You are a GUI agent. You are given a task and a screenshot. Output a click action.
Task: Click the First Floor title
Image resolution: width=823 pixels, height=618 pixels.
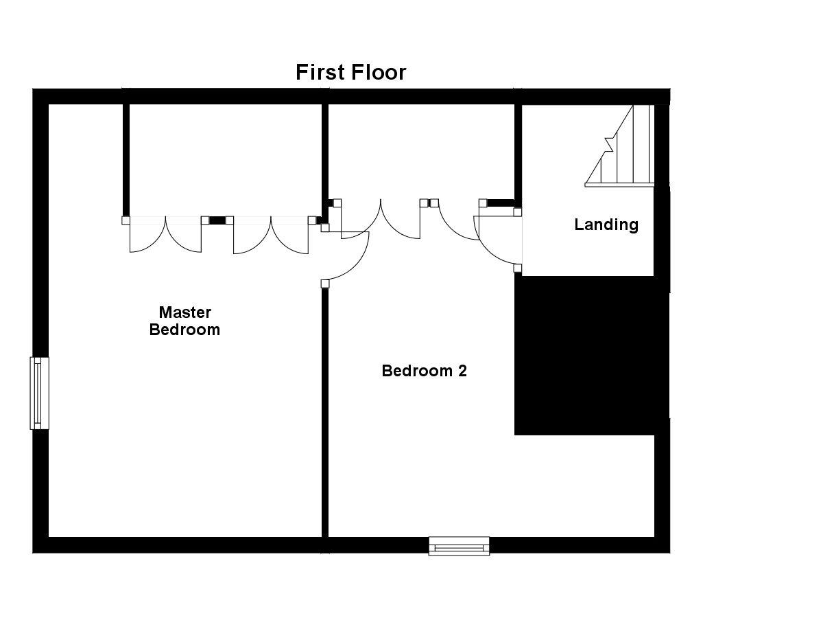coord(350,72)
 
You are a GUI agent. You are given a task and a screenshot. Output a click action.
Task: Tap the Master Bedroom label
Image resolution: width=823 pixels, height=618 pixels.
coord(184,321)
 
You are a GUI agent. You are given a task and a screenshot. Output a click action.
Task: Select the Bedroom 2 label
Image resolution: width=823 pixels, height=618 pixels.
coord(424,371)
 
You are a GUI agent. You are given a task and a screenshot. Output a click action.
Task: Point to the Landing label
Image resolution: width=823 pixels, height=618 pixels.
coord(606,225)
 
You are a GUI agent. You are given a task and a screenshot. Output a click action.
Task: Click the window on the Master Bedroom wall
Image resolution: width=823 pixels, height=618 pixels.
coord(39,393)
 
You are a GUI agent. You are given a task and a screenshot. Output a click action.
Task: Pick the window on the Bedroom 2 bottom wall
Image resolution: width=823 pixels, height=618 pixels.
coord(459,546)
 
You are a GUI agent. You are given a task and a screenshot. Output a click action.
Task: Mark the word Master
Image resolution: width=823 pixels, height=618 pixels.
coord(184,312)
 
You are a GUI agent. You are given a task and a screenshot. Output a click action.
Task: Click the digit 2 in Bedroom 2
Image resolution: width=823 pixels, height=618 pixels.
coord(463,371)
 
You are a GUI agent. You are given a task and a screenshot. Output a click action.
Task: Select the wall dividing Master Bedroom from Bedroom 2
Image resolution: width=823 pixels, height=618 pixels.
coord(324,412)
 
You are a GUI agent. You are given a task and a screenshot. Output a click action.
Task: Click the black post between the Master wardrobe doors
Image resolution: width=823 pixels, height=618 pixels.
coord(217,220)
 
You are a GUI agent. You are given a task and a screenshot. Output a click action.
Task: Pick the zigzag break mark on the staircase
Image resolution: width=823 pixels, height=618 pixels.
coord(608,144)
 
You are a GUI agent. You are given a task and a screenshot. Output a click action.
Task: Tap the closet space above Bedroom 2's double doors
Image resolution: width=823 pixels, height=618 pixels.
coord(420,151)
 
